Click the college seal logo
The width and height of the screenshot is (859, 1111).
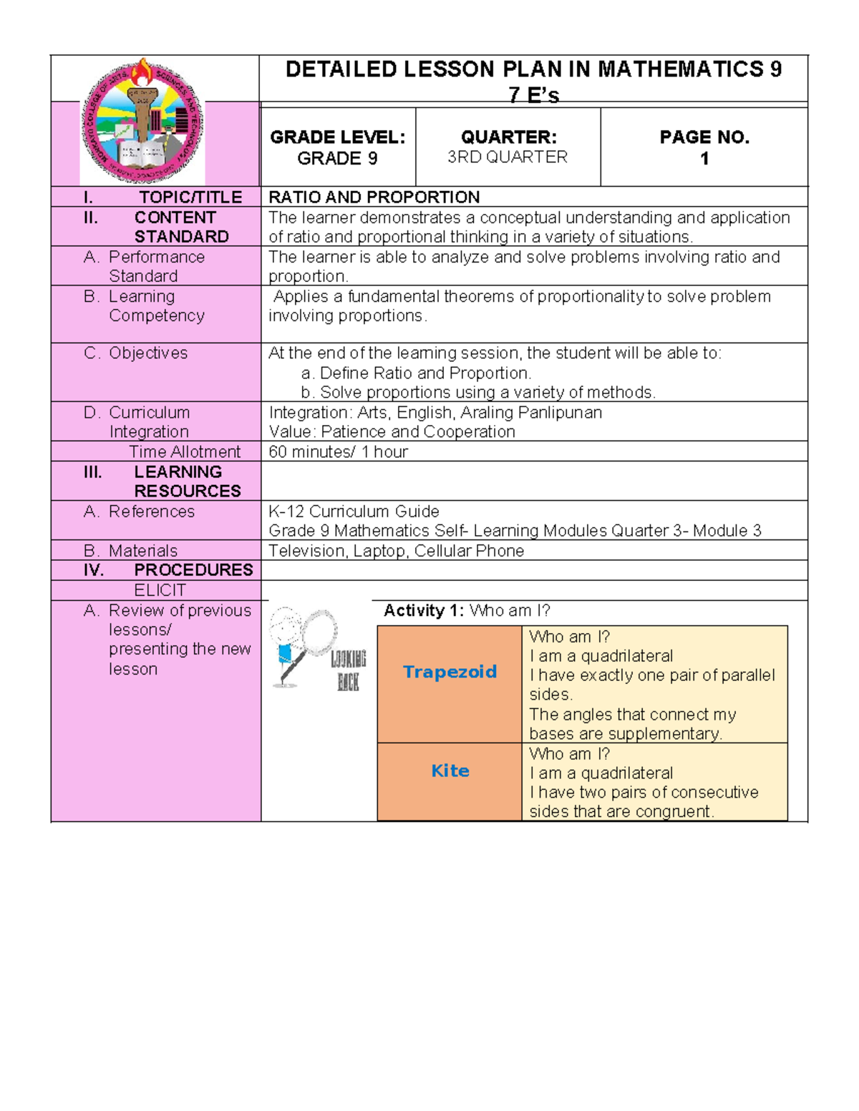[142, 122]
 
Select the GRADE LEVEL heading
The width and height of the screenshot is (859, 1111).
[337, 137]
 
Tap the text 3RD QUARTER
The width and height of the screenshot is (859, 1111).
[508, 157]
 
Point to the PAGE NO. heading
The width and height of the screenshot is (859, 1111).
[704, 137]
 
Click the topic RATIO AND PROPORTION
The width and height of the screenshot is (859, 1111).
[374, 197]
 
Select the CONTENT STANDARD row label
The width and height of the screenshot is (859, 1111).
[180, 227]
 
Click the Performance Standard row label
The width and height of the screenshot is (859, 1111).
[156, 266]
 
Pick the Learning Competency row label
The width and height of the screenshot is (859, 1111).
[156, 305]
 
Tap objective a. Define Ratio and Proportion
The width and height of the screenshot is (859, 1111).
[417, 373]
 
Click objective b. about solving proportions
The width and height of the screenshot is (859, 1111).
[478, 392]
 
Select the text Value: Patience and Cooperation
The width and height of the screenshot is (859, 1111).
[392, 431]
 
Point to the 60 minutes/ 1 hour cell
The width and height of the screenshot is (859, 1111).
[338, 451]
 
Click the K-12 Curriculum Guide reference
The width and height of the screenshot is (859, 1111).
[354, 512]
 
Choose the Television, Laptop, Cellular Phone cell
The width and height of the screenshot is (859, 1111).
[396, 551]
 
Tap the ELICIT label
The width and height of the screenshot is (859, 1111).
[160, 590]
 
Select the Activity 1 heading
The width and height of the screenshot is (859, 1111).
[467, 610]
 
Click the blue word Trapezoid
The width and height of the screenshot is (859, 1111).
[450, 672]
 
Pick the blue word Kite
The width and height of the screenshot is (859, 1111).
[450, 770]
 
